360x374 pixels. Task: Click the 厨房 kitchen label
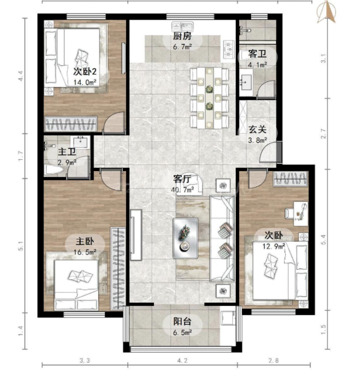182,37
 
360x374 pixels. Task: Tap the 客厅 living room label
182,179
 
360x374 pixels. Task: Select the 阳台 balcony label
182,321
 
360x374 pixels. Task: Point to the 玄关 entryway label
257,129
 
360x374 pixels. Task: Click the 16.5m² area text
85,252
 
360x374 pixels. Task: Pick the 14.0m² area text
85,83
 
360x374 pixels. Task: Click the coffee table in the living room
185,238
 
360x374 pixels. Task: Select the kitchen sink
182,26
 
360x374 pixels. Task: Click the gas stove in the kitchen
229,50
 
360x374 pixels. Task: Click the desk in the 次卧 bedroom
301,213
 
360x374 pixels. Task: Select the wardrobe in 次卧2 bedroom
71,124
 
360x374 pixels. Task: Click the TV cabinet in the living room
136,235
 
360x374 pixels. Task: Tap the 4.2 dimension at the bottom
182,361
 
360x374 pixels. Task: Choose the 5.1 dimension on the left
21,246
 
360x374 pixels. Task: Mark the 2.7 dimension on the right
323,134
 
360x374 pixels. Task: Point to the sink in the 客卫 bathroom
246,82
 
